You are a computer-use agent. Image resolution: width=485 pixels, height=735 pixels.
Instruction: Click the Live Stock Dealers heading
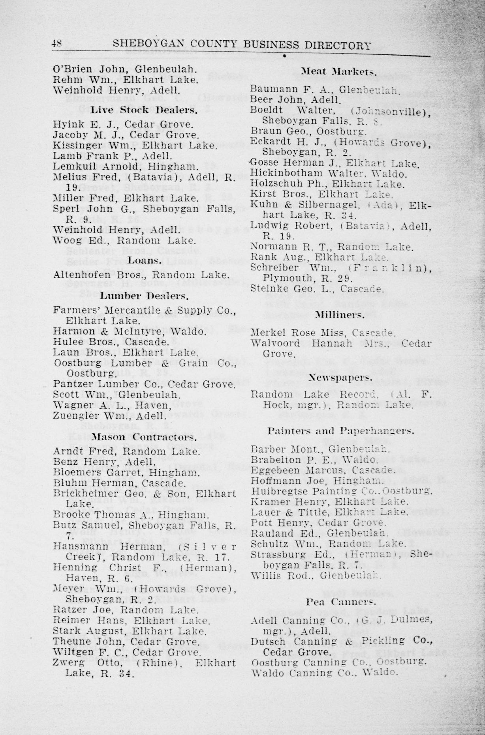[144, 110]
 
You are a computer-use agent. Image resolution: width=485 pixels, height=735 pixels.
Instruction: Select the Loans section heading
[144, 260]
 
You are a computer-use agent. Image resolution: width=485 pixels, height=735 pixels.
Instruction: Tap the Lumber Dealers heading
[143, 295]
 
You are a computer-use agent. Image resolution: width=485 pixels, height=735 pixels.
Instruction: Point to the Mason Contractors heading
[143, 437]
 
